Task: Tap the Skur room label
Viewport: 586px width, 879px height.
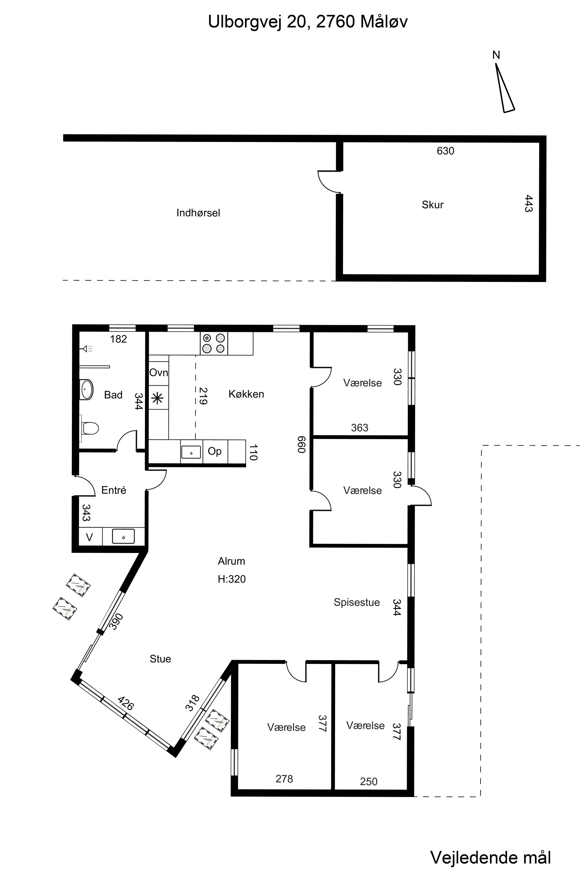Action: click(432, 205)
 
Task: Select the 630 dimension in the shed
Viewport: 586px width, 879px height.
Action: click(445, 151)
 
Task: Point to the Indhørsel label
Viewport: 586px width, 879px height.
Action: click(198, 213)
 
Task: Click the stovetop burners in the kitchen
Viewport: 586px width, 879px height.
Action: click(214, 343)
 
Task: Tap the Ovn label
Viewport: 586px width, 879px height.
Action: click(159, 373)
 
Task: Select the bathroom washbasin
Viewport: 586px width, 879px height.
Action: click(86, 390)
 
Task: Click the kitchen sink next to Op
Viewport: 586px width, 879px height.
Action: click(191, 452)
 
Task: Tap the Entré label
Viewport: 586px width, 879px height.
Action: click(114, 490)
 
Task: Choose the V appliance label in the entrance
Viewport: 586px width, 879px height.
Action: click(89, 537)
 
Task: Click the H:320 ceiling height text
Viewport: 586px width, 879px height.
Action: click(232, 579)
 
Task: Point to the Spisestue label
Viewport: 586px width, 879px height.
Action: click(357, 602)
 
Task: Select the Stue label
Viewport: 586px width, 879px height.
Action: click(160, 659)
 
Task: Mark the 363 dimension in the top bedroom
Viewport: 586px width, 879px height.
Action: click(360, 427)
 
